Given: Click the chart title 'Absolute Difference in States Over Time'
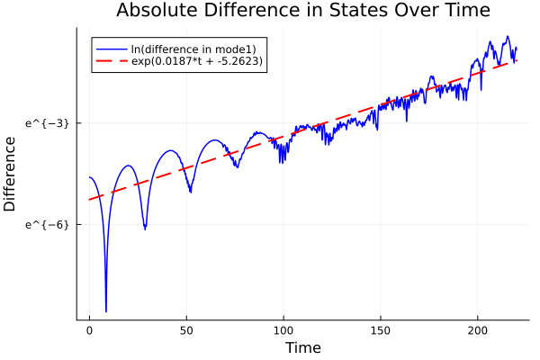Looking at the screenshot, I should click(x=302, y=11).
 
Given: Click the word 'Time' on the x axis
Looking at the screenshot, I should click(x=302, y=347).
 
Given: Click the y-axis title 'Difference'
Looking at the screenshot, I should click(x=11, y=174).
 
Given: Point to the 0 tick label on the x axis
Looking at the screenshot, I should click(x=89, y=330).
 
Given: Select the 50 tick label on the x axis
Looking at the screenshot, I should click(x=186, y=330).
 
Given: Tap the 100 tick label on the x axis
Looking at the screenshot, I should click(x=283, y=330).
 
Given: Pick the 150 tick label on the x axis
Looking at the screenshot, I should click(x=381, y=330).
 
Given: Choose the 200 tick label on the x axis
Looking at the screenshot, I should click(x=478, y=330).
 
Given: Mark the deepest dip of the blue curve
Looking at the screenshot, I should click(x=106, y=311).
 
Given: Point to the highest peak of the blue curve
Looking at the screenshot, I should click(x=508, y=37).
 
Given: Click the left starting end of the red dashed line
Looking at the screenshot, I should click(x=89, y=199).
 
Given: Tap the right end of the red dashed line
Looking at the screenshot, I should click(x=517, y=59).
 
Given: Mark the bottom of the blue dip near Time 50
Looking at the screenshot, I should click(x=190, y=192).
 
